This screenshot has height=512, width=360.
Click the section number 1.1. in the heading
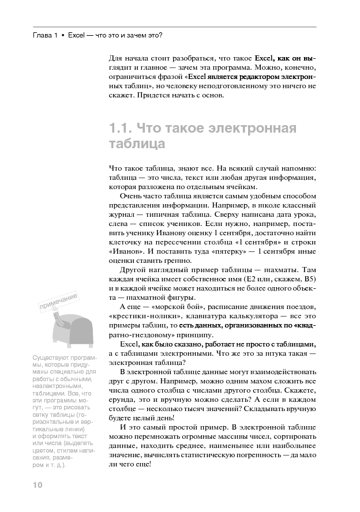click(x=121, y=128)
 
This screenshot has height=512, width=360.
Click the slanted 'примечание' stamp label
click(x=59, y=302)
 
